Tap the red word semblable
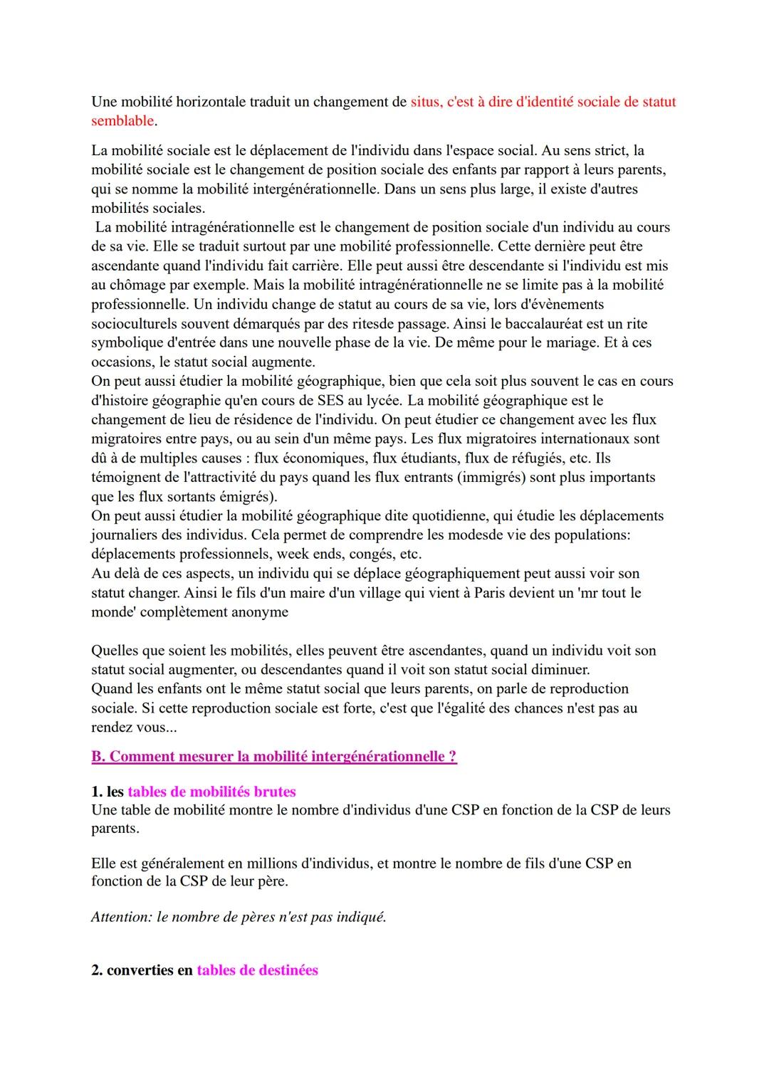[x=122, y=121]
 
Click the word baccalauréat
[x=538, y=324]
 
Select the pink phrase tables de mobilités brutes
[x=211, y=792]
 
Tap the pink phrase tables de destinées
[x=257, y=970]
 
